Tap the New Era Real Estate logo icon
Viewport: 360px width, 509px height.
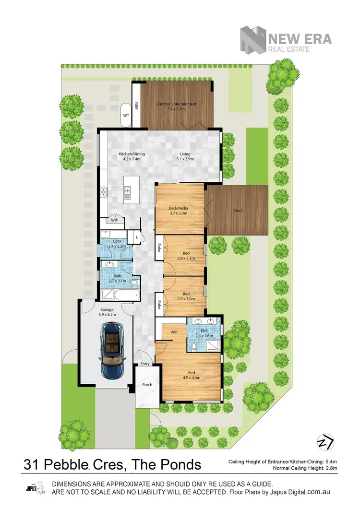click(253, 39)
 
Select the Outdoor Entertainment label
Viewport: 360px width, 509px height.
click(176, 107)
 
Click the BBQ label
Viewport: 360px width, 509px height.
click(136, 106)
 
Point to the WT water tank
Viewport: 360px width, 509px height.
click(126, 116)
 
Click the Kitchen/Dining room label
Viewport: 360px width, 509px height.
click(132, 156)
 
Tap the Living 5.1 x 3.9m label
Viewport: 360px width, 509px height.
click(185, 156)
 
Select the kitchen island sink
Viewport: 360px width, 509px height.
click(128, 192)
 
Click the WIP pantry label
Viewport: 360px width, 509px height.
click(114, 221)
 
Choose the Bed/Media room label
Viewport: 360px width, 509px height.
click(179, 211)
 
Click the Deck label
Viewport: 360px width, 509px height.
click(238, 211)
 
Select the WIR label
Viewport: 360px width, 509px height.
click(174, 331)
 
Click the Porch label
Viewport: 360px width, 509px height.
click(147, 384)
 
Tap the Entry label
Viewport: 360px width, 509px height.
click(145, 364)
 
